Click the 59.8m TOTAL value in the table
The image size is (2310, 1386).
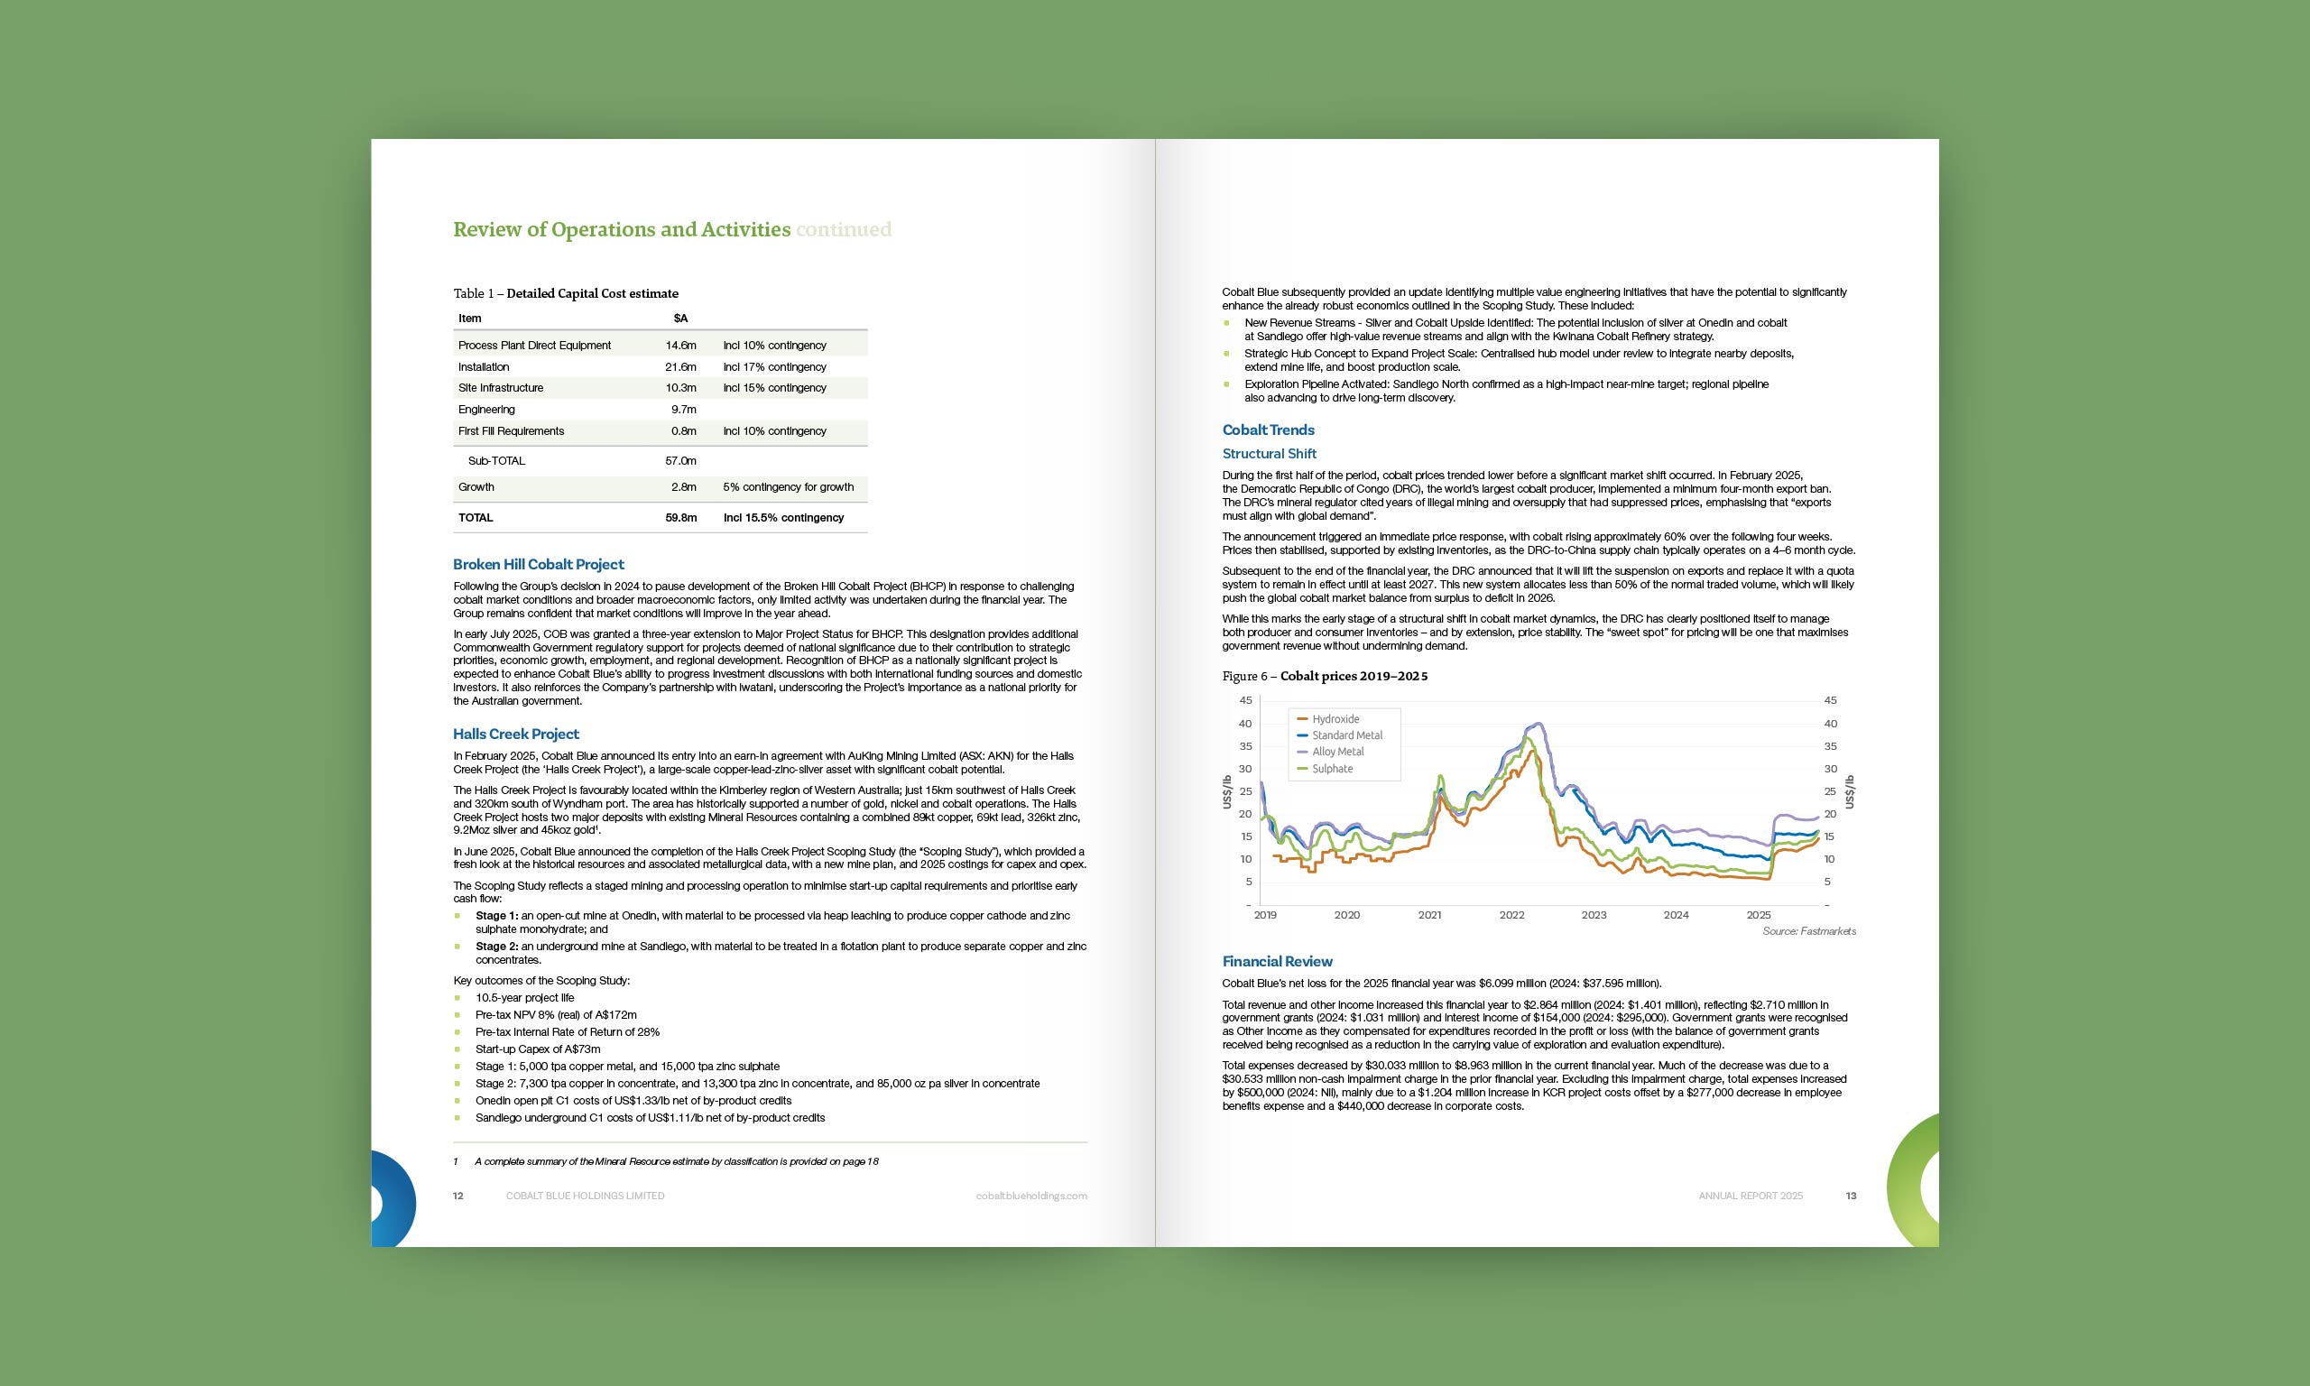point(680,517)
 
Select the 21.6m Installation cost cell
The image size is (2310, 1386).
point(680,367)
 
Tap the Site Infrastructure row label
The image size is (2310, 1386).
point(501,388)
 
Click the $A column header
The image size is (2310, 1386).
point(680,319)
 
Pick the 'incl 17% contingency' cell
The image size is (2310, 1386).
point(774,367)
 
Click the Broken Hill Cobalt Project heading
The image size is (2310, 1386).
point(538,564)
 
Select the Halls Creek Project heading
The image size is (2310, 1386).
point(515,735)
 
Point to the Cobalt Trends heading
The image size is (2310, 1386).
point(1268,430)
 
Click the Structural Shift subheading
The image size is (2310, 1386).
point(1269,454)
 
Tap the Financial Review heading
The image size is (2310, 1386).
point(1277,961)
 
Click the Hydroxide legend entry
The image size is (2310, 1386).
point(1335,719)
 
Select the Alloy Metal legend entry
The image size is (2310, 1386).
point(1337,752)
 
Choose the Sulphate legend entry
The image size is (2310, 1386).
point(1332,769)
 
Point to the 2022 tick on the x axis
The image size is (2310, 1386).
point(1511,915)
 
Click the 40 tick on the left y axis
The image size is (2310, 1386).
point(1244,724)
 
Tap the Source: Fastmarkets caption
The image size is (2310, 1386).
point(1808,931)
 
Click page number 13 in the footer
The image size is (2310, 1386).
point(1851,1196)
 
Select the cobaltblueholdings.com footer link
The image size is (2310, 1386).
point(1030,1196)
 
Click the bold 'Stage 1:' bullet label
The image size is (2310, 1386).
point(496,916)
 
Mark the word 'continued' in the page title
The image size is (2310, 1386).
point(843,230)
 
